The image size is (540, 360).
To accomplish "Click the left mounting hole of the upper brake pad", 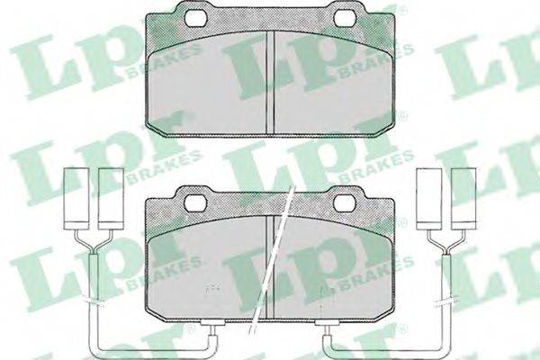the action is pyautogui.click(x=195, y=17).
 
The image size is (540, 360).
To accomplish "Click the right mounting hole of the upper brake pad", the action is pyautogui.click(x=346, y=17).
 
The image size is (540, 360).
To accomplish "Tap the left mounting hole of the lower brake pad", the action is pyautogui.click(x=195, y=202).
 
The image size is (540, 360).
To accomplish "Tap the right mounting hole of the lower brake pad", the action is pyautogui.click(x=345, y=202).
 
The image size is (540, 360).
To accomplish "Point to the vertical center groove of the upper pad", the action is pyautogui.click(x=270, y=82).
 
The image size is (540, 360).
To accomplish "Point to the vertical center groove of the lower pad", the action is pyautogui.click(x=270, y=267).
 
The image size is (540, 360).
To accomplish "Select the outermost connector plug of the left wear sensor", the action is pyautogui.click(x=76, y=199).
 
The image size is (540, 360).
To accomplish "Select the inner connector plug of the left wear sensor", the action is pyautogui.click(x=111, y=199).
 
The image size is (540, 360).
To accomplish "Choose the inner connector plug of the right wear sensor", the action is pyautogui.click(x=429, y=199).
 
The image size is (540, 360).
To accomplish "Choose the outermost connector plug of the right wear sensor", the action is pyautogui.click(x=463, y=199).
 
